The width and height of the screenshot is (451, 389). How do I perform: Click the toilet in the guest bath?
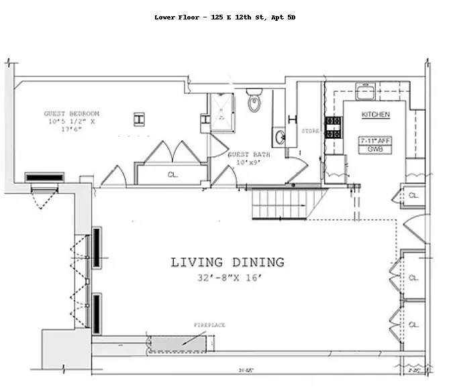(x=254, y=101)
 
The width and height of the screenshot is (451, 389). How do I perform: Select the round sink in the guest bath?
(x=281, y=139)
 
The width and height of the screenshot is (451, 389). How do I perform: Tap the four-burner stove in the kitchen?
(x=333, y=127)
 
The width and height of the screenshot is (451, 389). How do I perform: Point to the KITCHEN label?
(x=375, y=115)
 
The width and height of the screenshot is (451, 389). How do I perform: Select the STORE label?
(x=310, y=131)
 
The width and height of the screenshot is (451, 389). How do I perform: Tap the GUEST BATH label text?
(x=248, y=154)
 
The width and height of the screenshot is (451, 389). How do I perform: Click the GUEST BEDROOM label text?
(x=72, y=113)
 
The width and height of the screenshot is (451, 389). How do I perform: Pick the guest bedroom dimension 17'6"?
(x=72, y=130)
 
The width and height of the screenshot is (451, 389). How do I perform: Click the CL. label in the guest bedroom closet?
(x=172, y=174)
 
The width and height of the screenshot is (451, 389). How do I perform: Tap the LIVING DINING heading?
(x=227, y=262)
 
